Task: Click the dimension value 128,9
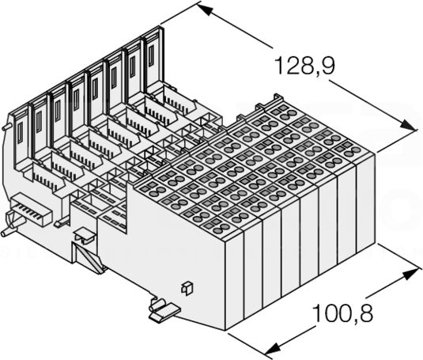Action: click(x=304, y=66)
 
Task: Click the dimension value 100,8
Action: click(x=342, y=313)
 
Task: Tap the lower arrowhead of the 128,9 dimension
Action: click(x=406, y=126)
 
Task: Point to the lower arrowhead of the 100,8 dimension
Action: click(x=273, y=348)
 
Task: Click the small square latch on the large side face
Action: click(x=187, y=288)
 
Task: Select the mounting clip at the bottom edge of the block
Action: click(x=164, y=310)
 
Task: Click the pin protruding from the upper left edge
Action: click(x=6, y=127)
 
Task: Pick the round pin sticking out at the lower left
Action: click(x=8, y=232)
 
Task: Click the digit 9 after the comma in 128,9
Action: click(x=327, y=66)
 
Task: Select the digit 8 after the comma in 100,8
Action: click(x=365, y=313)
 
